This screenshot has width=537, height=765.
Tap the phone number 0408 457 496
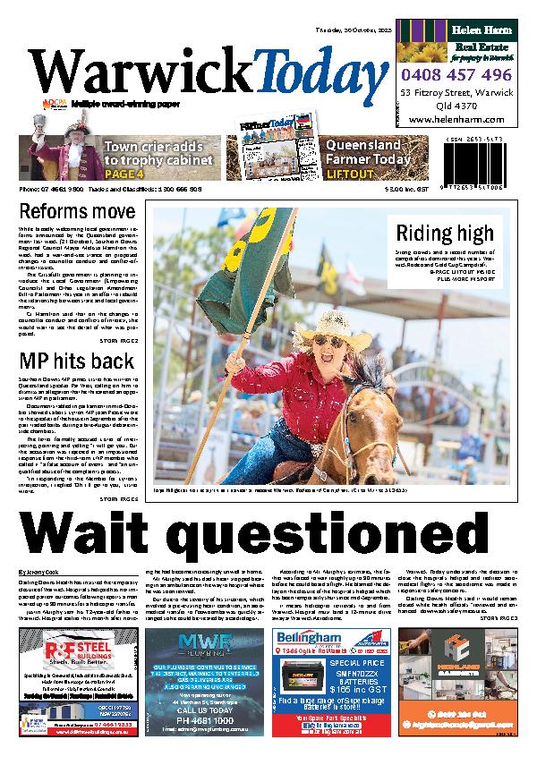(456, 75)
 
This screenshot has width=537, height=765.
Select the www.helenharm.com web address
(456, 118)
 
